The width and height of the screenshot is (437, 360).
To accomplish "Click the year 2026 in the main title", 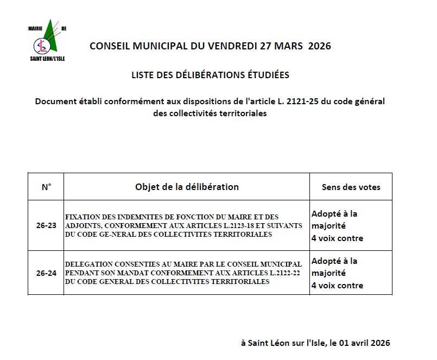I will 319,46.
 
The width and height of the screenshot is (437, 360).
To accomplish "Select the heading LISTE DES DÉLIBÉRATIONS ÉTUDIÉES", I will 210,75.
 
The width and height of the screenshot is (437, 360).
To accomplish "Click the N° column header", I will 46,187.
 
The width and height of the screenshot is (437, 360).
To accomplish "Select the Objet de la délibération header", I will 187,187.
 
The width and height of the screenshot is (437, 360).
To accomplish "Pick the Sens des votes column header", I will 351,187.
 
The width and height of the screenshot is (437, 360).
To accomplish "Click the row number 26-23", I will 46,226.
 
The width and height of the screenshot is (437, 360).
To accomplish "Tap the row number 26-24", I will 46,273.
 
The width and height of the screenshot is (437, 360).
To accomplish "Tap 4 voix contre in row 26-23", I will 337,238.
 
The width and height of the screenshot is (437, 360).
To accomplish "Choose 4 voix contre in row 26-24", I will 337,285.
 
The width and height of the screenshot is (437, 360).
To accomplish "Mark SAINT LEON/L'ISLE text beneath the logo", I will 47,58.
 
